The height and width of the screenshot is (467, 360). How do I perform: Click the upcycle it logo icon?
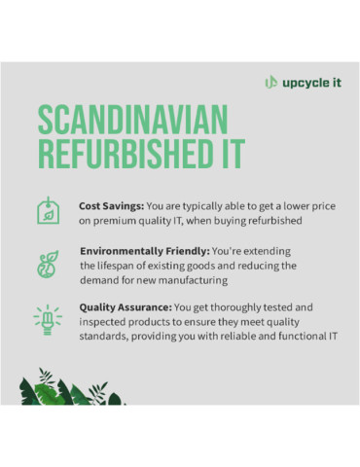pos(270,82)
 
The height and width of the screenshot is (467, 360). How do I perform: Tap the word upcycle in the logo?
pos(302,82)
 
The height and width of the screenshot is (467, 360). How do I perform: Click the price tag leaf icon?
pos(46,211)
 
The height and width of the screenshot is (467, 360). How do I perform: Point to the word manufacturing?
pos(197,279)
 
